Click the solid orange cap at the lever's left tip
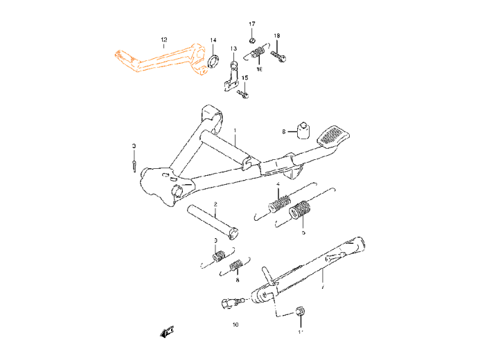coord(118,54)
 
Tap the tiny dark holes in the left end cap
coord(120,55)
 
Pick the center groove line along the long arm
coord(165,60)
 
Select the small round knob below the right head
coord(203,71)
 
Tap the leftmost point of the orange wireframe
coord(115,53)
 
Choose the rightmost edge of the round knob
coord(207,70)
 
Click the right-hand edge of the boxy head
coord(204,52)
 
